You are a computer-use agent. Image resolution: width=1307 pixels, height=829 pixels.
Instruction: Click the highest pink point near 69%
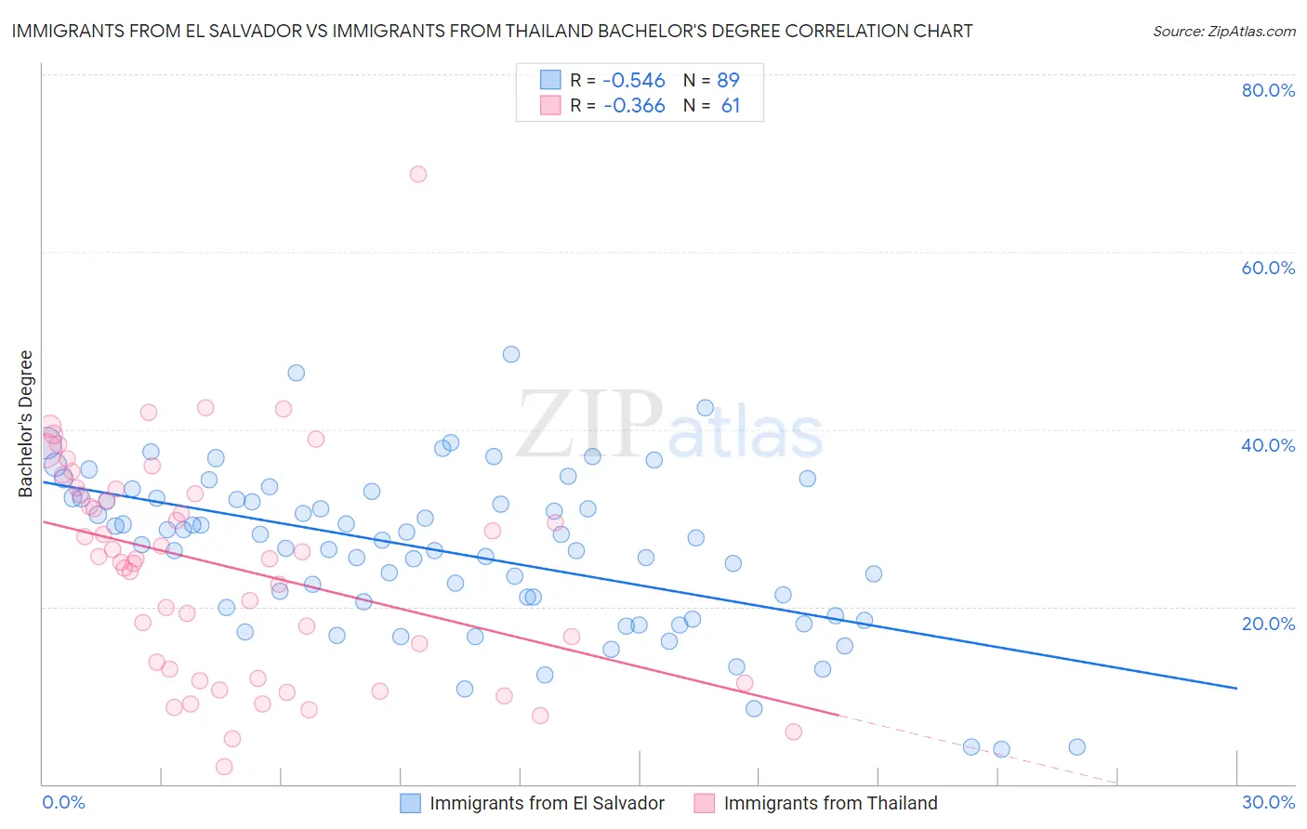pos(418,174)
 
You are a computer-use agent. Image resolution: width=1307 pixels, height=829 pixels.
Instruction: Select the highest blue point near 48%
pos(511,354)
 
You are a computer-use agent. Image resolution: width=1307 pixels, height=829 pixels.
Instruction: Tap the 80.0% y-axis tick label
pos(1268,90)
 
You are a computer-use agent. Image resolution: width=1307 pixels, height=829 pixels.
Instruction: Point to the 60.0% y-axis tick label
pos(1268,268)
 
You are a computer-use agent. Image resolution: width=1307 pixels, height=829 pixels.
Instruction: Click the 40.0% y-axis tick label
pos(1268,445)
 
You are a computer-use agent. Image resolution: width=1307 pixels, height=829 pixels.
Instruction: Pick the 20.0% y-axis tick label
pos(1268,623)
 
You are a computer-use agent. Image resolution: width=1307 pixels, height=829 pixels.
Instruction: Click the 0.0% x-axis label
pos(64,802)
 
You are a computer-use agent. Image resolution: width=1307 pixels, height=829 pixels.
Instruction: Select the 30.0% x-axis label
pos(1268,802)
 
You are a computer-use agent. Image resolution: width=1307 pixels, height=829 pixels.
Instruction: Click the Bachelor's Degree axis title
pos(26,424)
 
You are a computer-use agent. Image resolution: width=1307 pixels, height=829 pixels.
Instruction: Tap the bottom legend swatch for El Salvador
pos(411,803)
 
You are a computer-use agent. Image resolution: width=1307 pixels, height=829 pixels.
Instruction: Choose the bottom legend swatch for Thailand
pos(705,803)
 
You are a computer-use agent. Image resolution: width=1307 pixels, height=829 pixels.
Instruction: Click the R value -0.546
pos(634,81)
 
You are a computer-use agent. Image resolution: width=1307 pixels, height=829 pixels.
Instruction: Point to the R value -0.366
pos(634,106)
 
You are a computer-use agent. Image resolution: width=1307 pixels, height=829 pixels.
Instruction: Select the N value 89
pos(728,81)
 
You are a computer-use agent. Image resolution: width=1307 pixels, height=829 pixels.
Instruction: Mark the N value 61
pos(731,106)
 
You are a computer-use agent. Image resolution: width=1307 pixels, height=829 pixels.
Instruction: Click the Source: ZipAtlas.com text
pos(1223,32)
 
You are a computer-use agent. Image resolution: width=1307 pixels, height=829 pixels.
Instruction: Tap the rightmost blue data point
pos(1076,747)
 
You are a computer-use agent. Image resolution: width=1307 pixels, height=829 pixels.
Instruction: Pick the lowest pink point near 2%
pos(224,767)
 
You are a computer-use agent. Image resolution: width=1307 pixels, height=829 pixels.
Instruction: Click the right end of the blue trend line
pos(1236,688)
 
